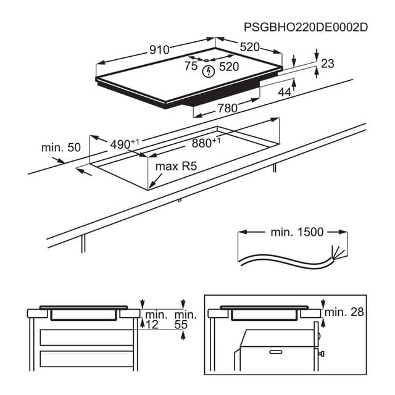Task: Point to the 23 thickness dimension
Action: pyautogui.click(x=327, y=63)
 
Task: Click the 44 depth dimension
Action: pyautogui.click(x=284, y=92)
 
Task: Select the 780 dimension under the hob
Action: pyautogui.click(x=228, y=109)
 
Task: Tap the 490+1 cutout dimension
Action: pyautogui.click(x=124, y=144)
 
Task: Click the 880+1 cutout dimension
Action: pyautogui.click(x=206, y=143)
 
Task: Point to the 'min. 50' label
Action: pyautogui.click(x=61, y=148)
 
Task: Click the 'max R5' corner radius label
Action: pyautogui.click(x=175, y=167)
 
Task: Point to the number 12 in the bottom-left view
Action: pyautogui.click(x=152, y=325)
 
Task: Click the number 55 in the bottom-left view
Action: pyautogui.click(x=180, y=325)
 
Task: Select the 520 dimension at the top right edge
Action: pyautogui.click(x=249, y=47)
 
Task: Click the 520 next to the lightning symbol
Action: pyautogui.click(x=229, y=67)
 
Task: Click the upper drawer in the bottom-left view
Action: pyautogui.click(x=86, y=337)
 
